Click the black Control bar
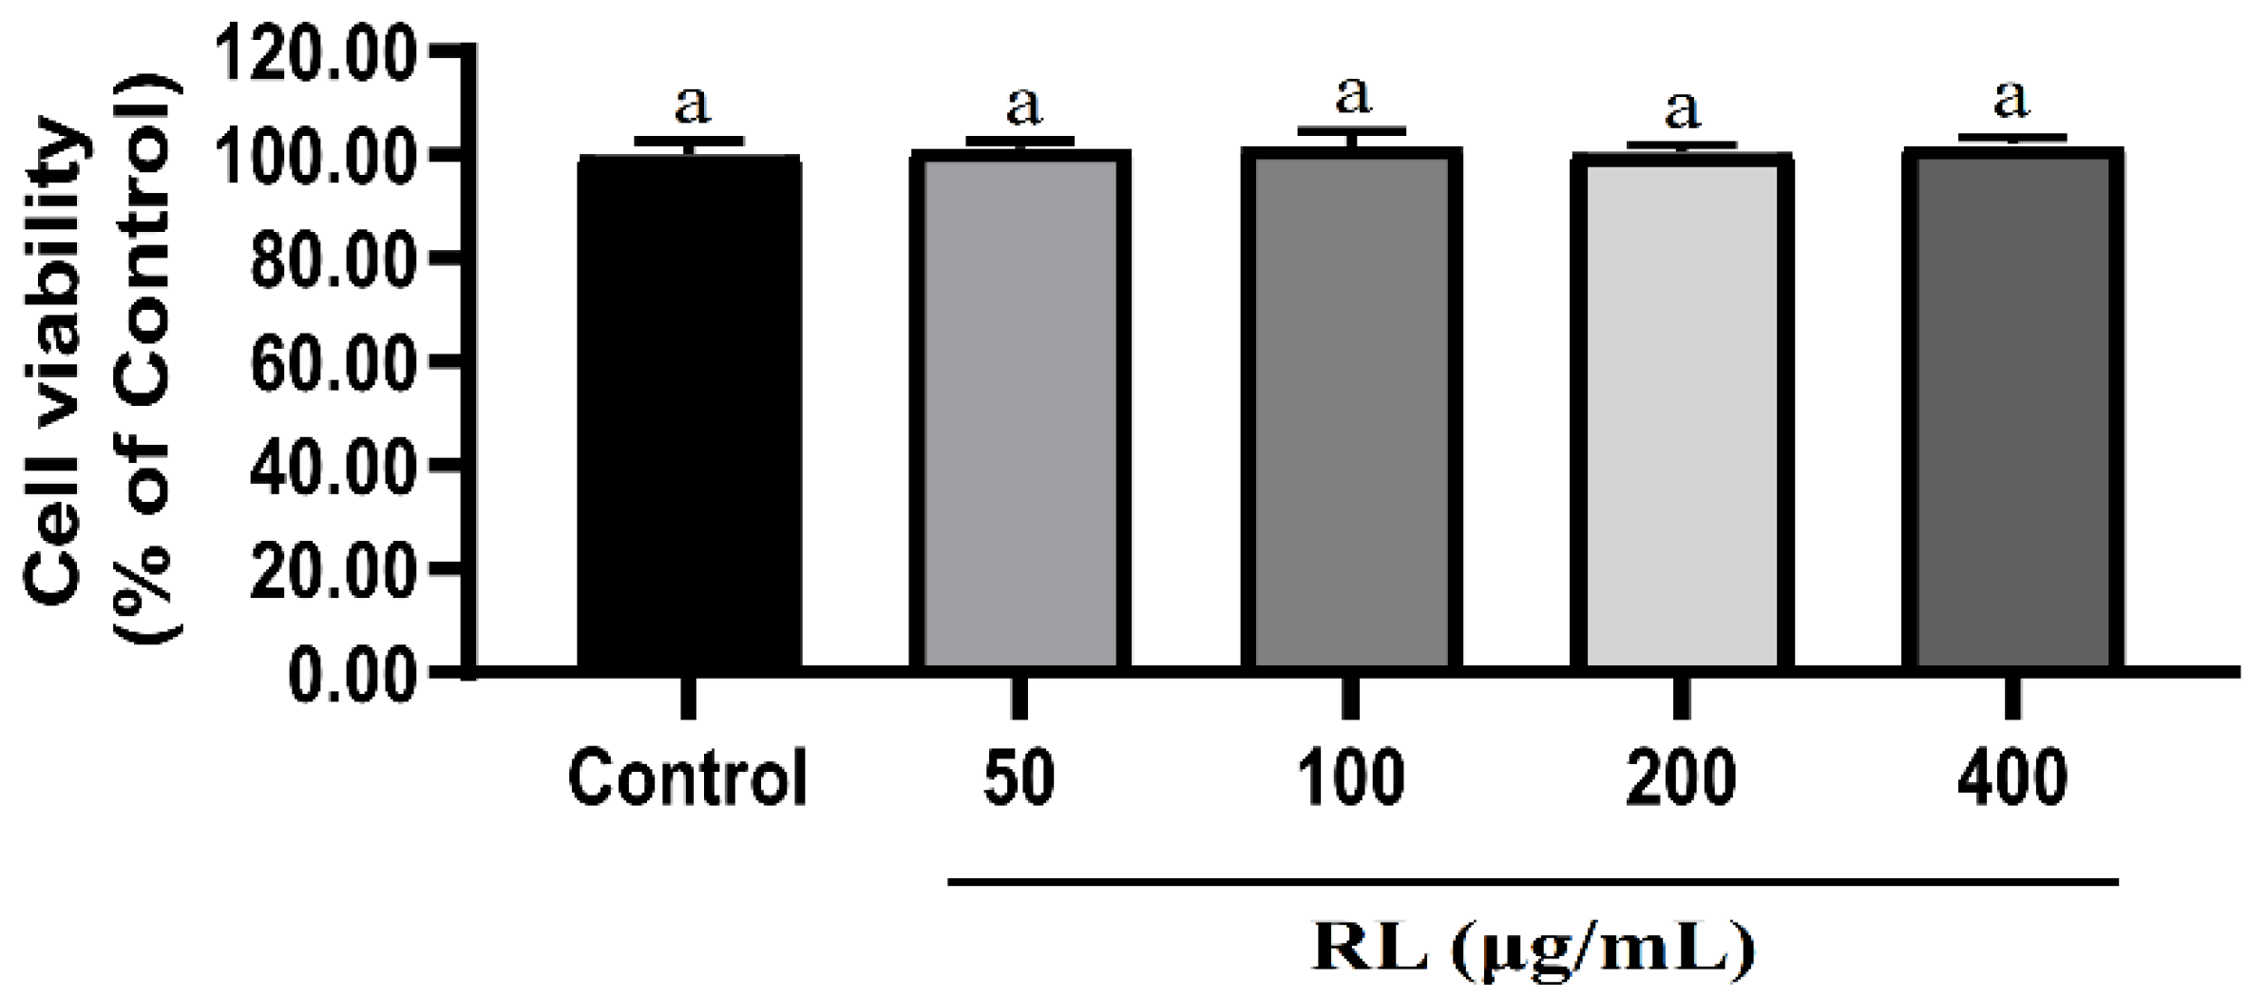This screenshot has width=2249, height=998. pos(689,413)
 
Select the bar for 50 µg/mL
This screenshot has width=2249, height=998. pos(1020,413)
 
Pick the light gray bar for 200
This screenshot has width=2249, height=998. pos(1681,413)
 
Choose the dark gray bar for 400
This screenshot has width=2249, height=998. pos(2011,413)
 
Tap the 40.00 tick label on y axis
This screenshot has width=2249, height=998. pos(332,465)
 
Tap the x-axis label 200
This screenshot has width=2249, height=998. pos(1681,778)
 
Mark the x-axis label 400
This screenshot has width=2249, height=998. pos(2011,778)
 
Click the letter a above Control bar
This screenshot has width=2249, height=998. pos(692,106)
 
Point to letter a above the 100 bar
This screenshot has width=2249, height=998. pos(1353,95)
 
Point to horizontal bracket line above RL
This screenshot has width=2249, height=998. pos(1532,883)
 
